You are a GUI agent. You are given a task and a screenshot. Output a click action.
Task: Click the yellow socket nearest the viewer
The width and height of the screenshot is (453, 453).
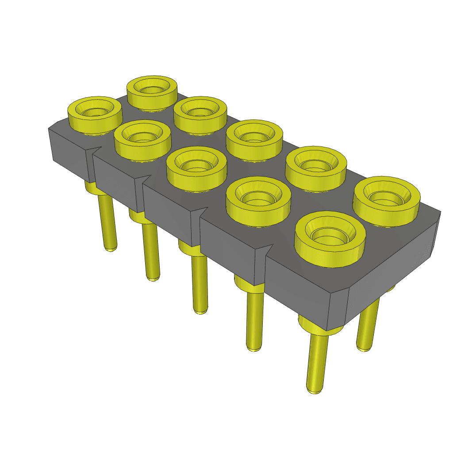(330, 239)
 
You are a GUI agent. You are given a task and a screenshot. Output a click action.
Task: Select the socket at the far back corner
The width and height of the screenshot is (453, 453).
(152, 93)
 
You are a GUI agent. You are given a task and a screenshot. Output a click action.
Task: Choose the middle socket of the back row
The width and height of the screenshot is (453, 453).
(254, 140)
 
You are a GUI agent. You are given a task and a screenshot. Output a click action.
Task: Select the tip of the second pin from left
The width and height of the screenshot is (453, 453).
(153, 278)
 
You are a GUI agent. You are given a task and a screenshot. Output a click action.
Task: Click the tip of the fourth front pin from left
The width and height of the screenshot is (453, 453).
(253, 349)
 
